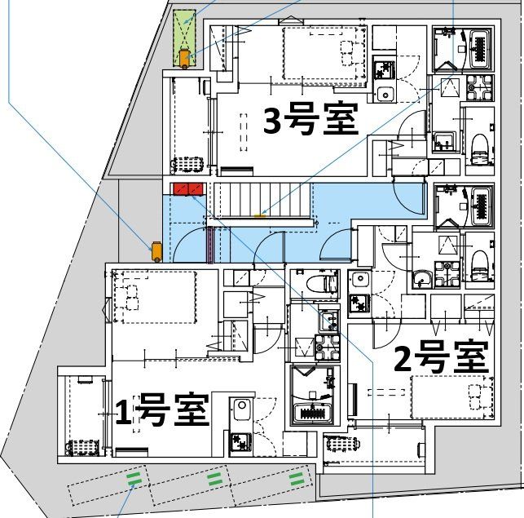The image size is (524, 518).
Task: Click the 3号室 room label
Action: [x=311, y=121]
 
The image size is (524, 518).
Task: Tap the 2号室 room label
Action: [x=441, y=357]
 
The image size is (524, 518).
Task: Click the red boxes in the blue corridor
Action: [x=187, y=189]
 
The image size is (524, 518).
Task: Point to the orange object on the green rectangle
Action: [x=186, y=57]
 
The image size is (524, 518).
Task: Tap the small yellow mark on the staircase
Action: [x=261, y=215]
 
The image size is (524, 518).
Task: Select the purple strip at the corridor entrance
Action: [x=210, y=245]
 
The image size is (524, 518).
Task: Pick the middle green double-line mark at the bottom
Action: [x=216, y=478]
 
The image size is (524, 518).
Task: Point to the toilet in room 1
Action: [x=327, y=284]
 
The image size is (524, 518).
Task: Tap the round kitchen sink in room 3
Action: [x=384, y=94]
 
